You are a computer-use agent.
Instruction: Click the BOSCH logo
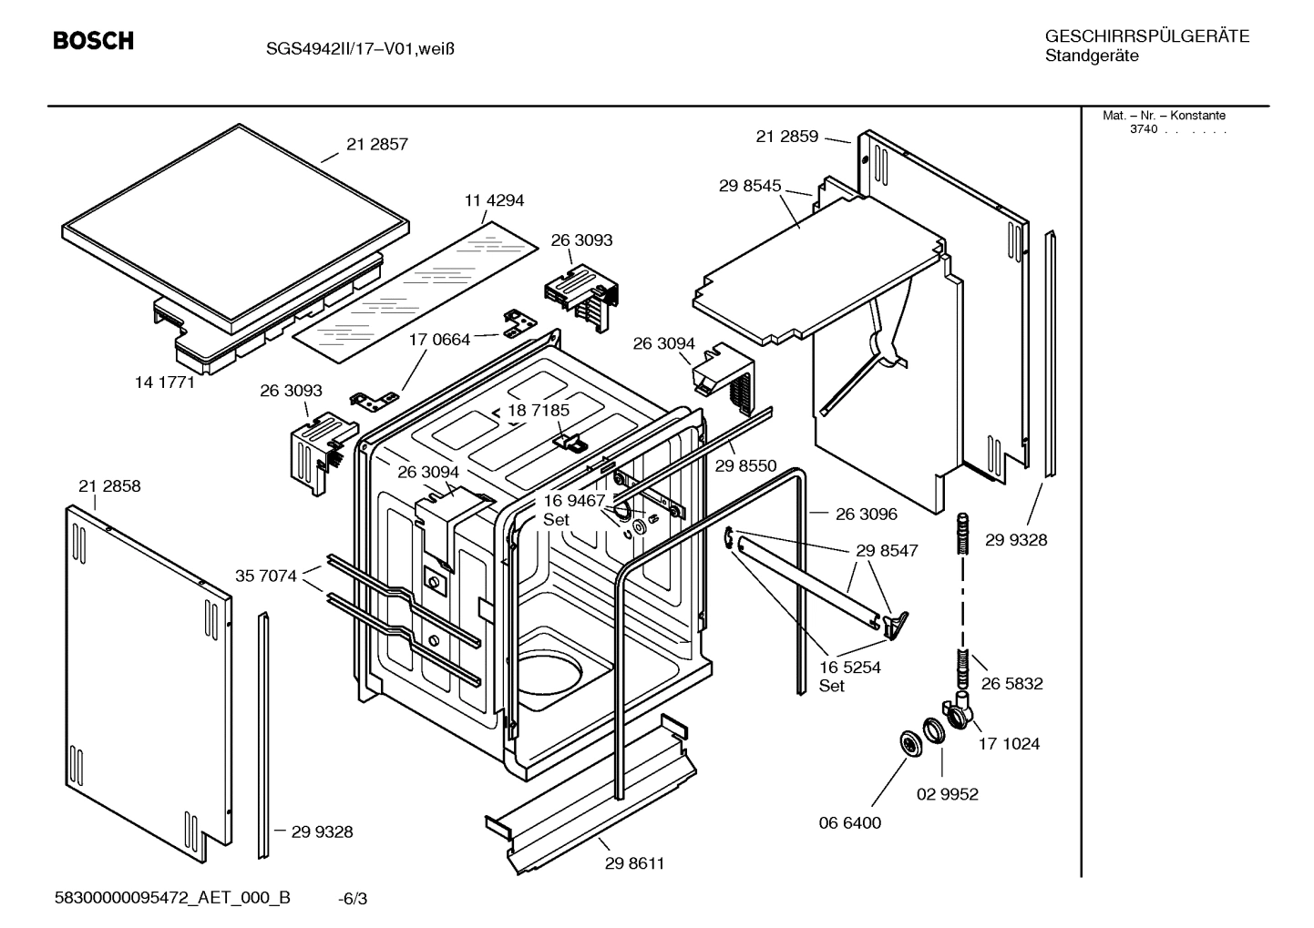point(93,41)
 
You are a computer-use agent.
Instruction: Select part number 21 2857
point(376,144)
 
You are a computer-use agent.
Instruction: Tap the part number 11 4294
point(494,200)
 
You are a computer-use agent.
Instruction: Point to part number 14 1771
point(165,382)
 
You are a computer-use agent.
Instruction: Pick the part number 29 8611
point(634,863)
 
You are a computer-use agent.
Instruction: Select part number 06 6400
point(850,823)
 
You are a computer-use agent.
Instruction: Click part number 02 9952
point(947,794)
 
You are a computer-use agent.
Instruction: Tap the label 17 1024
point(1009,744)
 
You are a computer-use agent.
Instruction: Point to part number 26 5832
point(1011,683)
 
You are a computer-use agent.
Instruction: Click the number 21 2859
point(786,137)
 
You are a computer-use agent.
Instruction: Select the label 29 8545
point(750,186)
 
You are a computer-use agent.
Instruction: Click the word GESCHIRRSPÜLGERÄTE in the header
point(1147,36)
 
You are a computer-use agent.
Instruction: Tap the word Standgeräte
point(1091,56)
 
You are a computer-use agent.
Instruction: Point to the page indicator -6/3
point(353,899)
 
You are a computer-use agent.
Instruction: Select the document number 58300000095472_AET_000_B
point(173,898)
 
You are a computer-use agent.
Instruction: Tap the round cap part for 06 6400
point(909,743)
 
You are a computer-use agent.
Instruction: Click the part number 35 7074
point(266,576)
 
